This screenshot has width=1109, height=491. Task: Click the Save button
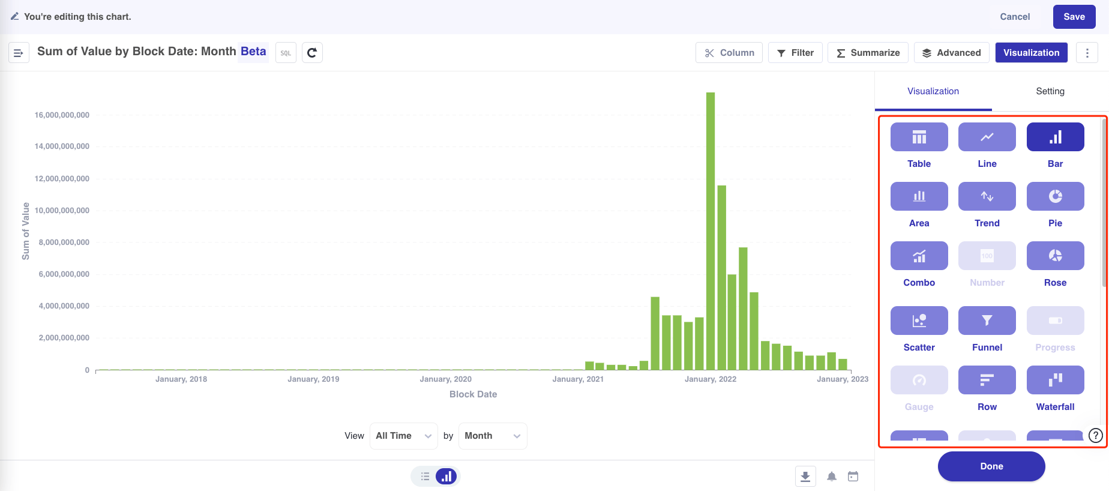1074,17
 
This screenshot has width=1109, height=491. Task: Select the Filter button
795,53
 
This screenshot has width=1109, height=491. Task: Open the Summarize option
868,53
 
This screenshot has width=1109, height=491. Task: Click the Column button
729,53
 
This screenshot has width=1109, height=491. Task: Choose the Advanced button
951,53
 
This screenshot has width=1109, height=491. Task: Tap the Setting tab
1050,91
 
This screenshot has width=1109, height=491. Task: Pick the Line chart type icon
987,137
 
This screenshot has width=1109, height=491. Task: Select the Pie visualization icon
1055,197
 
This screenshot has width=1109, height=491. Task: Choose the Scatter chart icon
919,321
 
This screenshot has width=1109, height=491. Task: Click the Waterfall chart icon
1055,381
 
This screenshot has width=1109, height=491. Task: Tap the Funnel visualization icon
987,321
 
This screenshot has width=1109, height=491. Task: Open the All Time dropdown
403,436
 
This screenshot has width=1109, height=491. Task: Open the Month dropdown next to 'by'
492,436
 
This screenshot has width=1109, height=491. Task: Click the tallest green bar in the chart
711,231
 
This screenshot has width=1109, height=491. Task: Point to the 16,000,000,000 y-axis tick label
62,115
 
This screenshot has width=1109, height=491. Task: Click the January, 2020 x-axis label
445,379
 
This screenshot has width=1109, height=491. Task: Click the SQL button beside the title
286,53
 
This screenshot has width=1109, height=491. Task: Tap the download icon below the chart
805,477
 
